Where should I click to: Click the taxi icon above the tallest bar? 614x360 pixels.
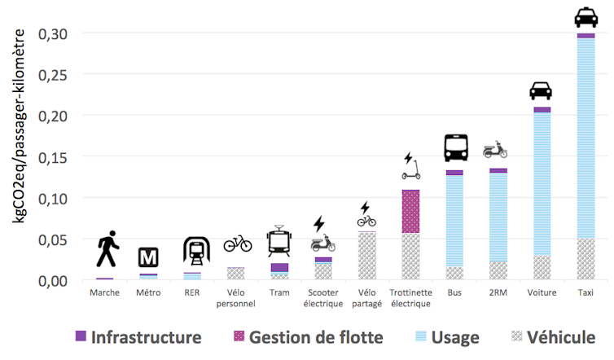pos(586,17)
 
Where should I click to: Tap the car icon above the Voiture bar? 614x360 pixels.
pos(541,90)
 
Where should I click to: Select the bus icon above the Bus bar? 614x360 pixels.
pos(455,147)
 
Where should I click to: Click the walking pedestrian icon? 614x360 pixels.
pos(107,249)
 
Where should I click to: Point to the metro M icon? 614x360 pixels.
pos(147,257)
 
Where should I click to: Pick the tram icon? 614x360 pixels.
pos(279,242)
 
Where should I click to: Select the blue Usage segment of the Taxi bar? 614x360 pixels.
pos(585,138)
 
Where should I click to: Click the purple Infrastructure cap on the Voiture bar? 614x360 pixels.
pos(542,109)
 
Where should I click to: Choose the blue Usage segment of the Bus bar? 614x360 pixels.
pos(454,220)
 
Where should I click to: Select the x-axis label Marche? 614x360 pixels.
pos(104,292)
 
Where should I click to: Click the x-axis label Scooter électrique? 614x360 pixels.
pos(323,298)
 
